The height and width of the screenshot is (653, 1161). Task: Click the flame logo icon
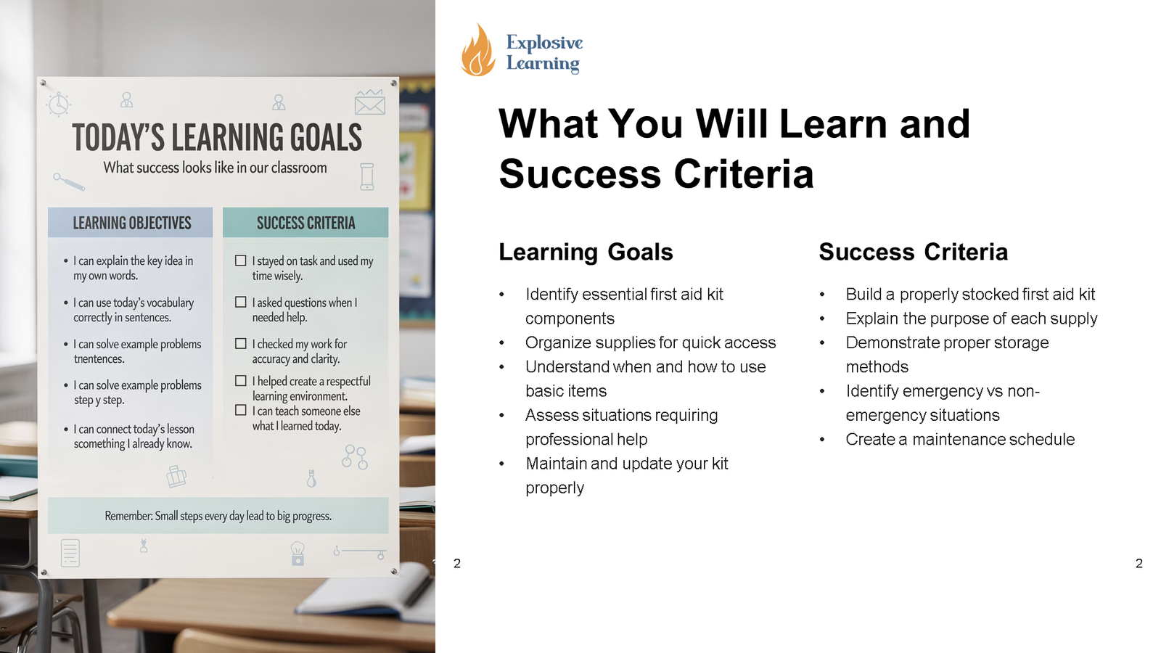coord(477,51)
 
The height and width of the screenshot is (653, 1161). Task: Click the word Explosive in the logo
coord(544,43)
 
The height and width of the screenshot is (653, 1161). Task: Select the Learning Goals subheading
coord(586,252)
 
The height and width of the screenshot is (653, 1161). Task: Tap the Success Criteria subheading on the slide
coord(913,252)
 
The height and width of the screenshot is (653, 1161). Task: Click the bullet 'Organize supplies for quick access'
coord(650,342)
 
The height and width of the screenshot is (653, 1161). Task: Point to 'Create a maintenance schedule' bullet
coord(959,439)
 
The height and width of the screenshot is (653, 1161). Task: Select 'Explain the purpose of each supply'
coord(971,319)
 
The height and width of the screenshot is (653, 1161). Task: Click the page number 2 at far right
coord(1139,563)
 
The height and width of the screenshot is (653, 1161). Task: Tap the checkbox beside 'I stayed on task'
coord(241,260)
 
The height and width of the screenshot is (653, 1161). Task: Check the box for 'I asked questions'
coord(241,302)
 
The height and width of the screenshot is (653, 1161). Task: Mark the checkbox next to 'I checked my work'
coord(241,343)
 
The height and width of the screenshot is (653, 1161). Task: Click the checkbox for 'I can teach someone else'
coord(241,410)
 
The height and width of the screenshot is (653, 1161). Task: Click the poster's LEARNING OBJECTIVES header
coord(131,223)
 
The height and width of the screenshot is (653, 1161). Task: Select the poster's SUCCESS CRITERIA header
coord(305,223)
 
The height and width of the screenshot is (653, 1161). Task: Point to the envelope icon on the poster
coord(369,103)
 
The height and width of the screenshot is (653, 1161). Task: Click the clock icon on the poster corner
coord(58,104)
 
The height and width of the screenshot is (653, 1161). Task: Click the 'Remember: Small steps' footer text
coord(218,516)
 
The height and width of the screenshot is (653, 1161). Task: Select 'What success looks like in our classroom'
coord(215,168)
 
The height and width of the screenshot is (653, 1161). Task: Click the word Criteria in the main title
coord(743,174)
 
